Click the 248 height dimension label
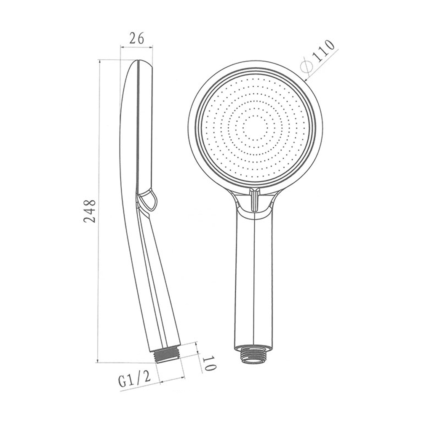(x=89, y=211)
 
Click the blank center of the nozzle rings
(x=254, y=129)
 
